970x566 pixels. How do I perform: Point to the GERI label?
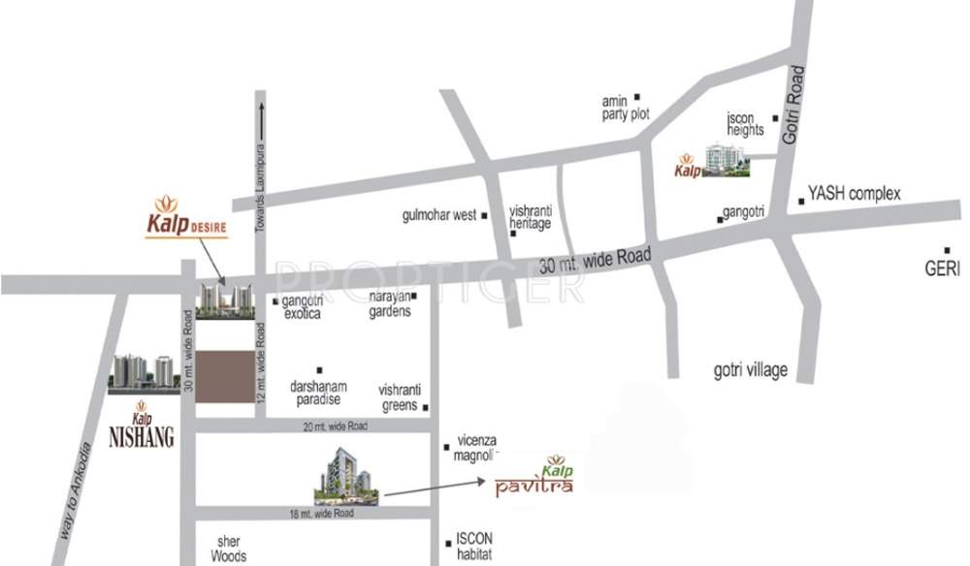coord(943,267)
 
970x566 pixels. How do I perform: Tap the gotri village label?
coord(745,369)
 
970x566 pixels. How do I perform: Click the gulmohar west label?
coord(437,215)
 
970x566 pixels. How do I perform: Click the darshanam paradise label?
coord(316,391)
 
